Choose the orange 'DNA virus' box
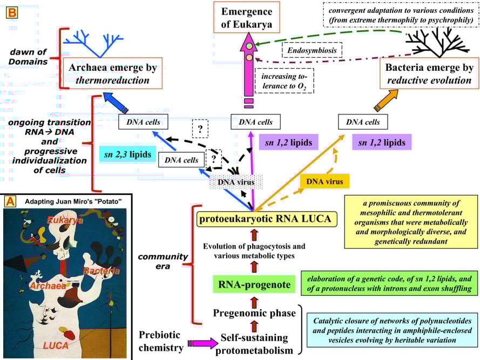322,182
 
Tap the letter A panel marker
10,201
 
